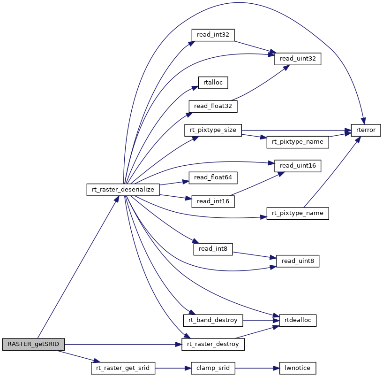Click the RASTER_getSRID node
(x=33, y=344)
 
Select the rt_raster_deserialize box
(x=123, y=189)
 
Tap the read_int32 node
(x=213, y=34)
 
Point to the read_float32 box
(x=213, y=106)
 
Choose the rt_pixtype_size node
(x=213, y=130)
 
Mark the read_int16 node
(x=213, y=201)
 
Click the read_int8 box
(x=213, y=248)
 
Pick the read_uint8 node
(x=298, y=261)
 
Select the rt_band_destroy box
(x=213, y=320)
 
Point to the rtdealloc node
(x=298, y=320)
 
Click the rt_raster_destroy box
(x=213, y=344)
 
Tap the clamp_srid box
(x=213, y=368)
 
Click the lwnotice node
(x=298, y=368)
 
